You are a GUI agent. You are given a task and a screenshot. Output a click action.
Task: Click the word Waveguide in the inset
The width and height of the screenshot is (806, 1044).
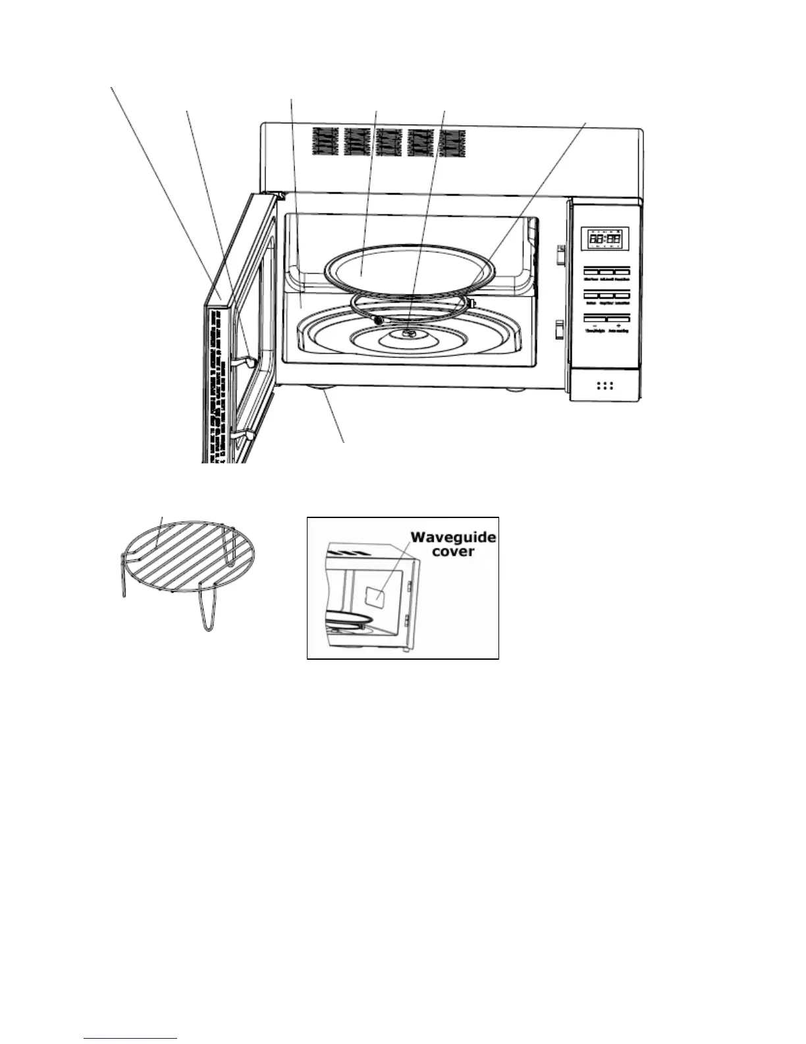[x=453, y=537]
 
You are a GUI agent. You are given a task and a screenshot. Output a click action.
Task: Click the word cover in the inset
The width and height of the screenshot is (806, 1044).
[x=453, y=551]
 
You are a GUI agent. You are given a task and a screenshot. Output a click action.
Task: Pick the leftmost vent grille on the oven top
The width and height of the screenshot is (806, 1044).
[x=323, y=142]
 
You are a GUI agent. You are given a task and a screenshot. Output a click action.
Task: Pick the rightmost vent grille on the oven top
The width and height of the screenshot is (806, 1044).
[x=452, y=143]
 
